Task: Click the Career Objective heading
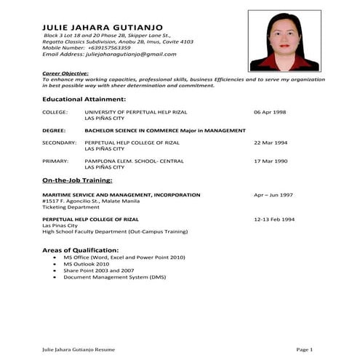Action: [65, 73]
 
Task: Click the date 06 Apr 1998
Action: [270, 112]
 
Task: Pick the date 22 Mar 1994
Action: [270, 143]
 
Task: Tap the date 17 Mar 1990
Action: [270, 160]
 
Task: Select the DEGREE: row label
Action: [55, 130]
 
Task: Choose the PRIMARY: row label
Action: [55, 160]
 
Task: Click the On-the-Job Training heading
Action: [77, 180]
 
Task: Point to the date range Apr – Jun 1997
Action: [273, 195]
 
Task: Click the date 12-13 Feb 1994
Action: [274, 219]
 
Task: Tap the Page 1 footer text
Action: [304, 350]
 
